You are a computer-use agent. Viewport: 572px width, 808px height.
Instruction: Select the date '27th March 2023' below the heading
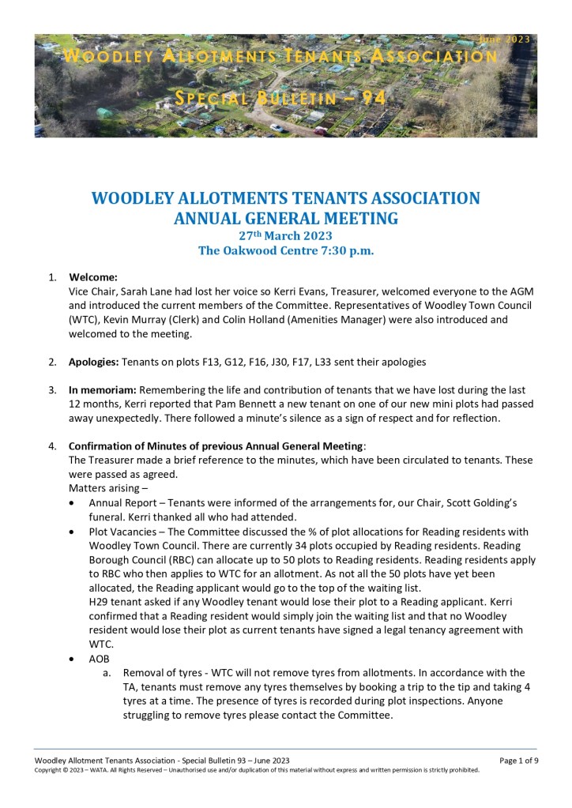coord(285,235)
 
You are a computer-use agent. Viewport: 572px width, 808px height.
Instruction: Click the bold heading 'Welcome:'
coord(93,277)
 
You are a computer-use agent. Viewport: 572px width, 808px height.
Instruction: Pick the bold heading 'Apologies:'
coord(98,362)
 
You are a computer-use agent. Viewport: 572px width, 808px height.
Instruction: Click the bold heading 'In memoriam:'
coord(103,390)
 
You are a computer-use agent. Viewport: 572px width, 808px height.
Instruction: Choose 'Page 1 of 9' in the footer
coord(518,760)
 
